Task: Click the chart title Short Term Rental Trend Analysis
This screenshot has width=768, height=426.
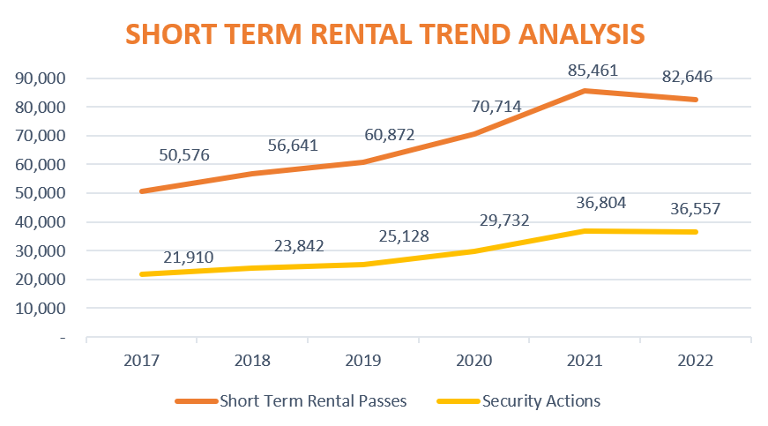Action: click(x=384, y=34)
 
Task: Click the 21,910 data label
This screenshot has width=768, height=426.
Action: click(x=188, y=258)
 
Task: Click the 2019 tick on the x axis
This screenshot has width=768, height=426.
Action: click(x=363, y=360)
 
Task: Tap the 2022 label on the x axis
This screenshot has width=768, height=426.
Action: click(x=696, y=360)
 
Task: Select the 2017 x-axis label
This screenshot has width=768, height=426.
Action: click(x=141, y=360)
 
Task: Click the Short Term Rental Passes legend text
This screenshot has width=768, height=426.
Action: click(x=314, y=401)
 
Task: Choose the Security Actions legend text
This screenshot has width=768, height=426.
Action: click(x=541, y=401)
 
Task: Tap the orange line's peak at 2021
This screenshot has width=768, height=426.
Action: click(x=585, y=91)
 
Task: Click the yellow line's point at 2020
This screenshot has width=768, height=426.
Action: click(x=473, y=251)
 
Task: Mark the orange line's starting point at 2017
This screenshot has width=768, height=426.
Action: click(x=141, y=191)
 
